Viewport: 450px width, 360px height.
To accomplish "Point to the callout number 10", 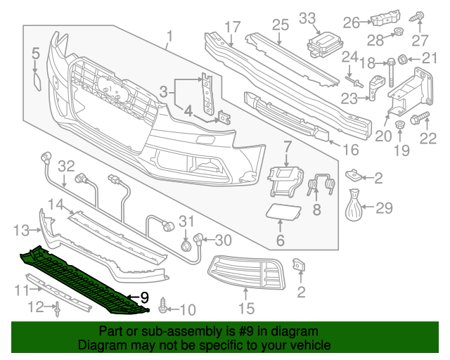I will pyautogui.click(x=188, y=309).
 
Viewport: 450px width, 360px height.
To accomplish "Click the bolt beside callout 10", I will pyautogui.click(x=165, y=304).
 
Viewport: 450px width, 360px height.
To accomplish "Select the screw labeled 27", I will pyautogui.click(x=419, y=15).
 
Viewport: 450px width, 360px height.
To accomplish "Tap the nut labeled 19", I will pyautogui.click(x=399, y=127).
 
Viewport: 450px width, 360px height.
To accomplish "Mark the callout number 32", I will pyautogui.click(x=65, y=167).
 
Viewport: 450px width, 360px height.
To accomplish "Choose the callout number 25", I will pyautogui.click(x=281, y=25).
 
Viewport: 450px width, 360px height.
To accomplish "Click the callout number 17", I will pyautogui.click(x=233, y=27).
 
